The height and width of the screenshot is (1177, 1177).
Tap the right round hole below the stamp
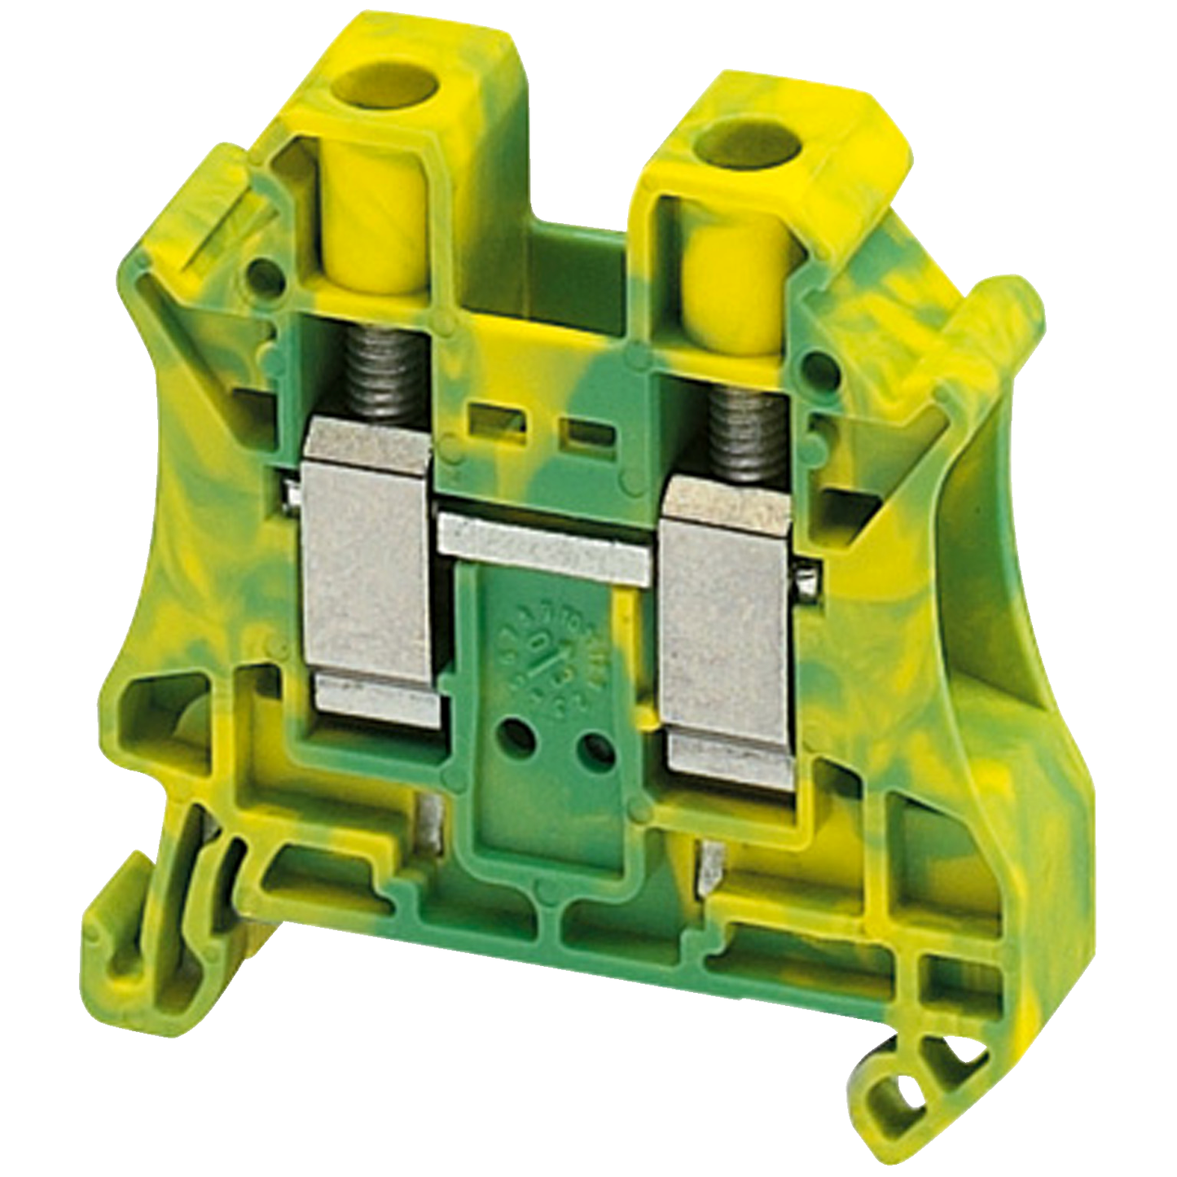pyautogui.click(x=595, y=743)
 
